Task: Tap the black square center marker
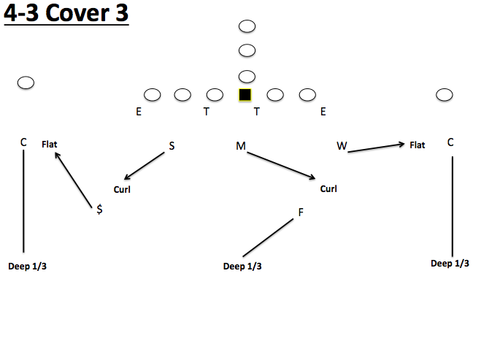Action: point(245,94)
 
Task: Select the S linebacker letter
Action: point(172,145)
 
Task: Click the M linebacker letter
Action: point(240,147)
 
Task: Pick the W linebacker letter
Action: point(342,146)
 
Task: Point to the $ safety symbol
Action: point(99,209)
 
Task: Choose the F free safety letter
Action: point(300,212)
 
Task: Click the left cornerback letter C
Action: point(23,142)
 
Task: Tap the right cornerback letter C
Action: point(450,142)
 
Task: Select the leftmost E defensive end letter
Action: point(139,112)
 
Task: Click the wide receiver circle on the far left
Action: point(26,83)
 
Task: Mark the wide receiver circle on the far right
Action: point(444,95)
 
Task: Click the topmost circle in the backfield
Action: point(247,26)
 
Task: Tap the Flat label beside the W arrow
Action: point(417,145)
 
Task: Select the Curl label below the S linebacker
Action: point(122,189)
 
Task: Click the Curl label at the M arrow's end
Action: point(328,189)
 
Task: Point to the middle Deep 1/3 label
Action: point(242,267)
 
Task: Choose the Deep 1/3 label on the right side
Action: point(450,264)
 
